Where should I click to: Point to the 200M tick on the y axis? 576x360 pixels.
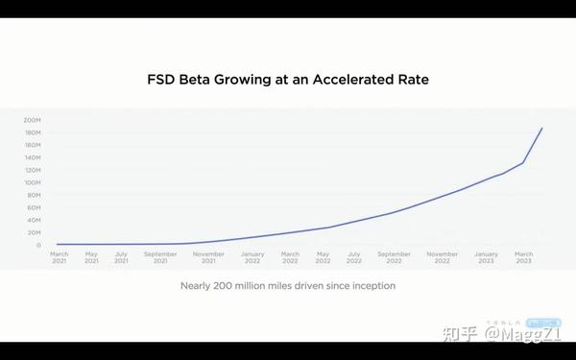(33, 120)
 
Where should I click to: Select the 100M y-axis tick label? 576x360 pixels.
(33, 182)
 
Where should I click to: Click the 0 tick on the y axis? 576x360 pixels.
(38, 245)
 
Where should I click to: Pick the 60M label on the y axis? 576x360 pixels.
(34, 207)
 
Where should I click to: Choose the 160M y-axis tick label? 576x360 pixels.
(33, 145)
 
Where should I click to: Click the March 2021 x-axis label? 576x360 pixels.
(60, 257)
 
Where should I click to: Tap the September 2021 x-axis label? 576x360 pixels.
(160, 257)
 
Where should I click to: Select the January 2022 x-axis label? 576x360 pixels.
(252, 257)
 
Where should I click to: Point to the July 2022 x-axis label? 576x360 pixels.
(354, 257)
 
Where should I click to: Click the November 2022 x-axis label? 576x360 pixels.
(442, 257)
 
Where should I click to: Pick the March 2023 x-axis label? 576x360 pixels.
(524, 257)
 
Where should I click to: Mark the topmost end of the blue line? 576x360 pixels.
(542, 128)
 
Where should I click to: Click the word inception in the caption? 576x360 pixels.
(371, 286)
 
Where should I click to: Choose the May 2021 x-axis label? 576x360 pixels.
(91, 257)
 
